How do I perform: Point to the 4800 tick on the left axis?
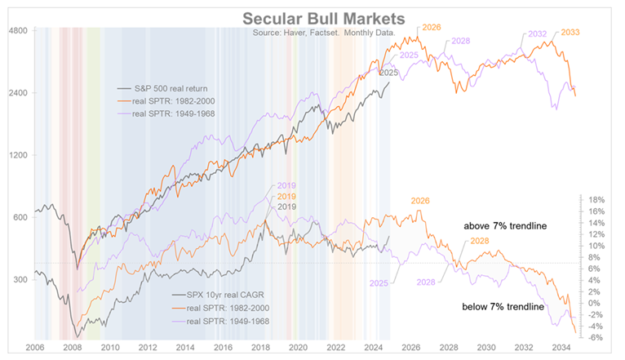(18, 31)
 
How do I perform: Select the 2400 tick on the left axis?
(18, 93)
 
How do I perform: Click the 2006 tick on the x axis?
(35, 347)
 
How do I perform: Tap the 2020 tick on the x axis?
(299, 347)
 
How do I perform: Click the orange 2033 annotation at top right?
(570, 33)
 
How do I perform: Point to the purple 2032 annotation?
(537, 34)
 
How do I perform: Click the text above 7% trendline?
(503, 226)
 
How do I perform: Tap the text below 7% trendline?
(503, 307)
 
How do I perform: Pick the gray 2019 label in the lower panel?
(286, 207)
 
